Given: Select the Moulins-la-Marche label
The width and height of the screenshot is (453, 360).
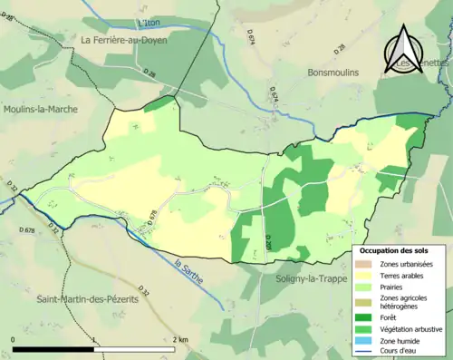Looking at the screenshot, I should coord(41,109).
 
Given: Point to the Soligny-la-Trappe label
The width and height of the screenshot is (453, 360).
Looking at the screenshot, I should coord(313,278).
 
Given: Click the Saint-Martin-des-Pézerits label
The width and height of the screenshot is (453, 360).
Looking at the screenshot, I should coord(90,298).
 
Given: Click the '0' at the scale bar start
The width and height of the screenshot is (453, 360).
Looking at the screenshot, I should coord(14,340).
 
